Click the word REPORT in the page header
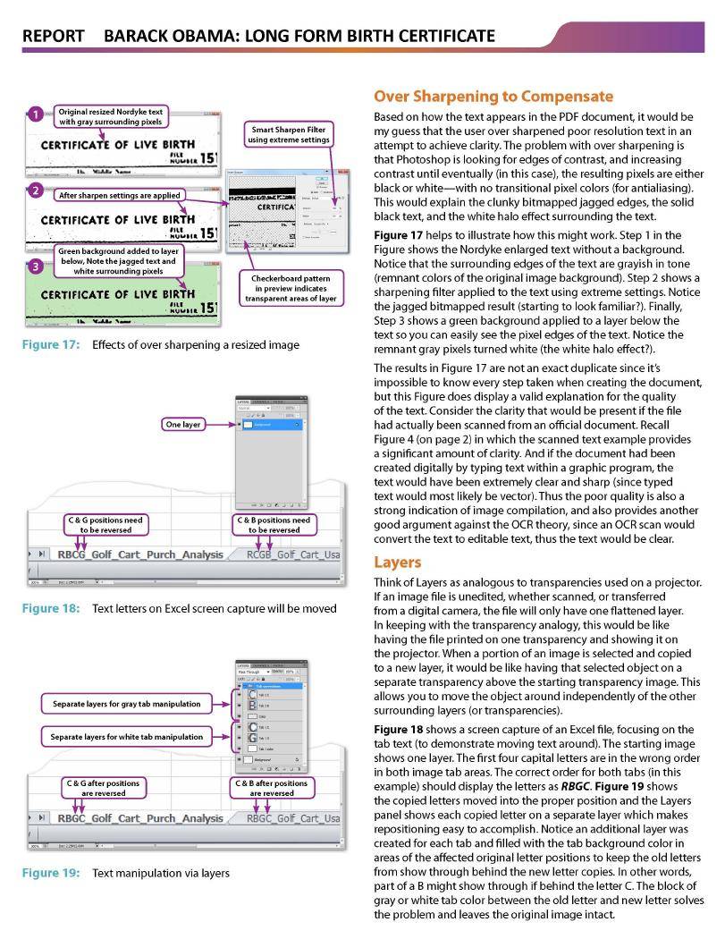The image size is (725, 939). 53,36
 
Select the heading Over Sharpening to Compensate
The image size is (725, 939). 493,96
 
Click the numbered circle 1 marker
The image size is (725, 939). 34,114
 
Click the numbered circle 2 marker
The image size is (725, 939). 34,190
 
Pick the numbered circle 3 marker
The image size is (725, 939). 34,266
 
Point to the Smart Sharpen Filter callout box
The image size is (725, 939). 288,134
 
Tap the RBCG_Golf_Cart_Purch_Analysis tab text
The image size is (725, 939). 140,554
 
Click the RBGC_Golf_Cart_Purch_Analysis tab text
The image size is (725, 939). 140,817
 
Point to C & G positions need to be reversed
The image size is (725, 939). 105,524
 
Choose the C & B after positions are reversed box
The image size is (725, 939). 272,788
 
